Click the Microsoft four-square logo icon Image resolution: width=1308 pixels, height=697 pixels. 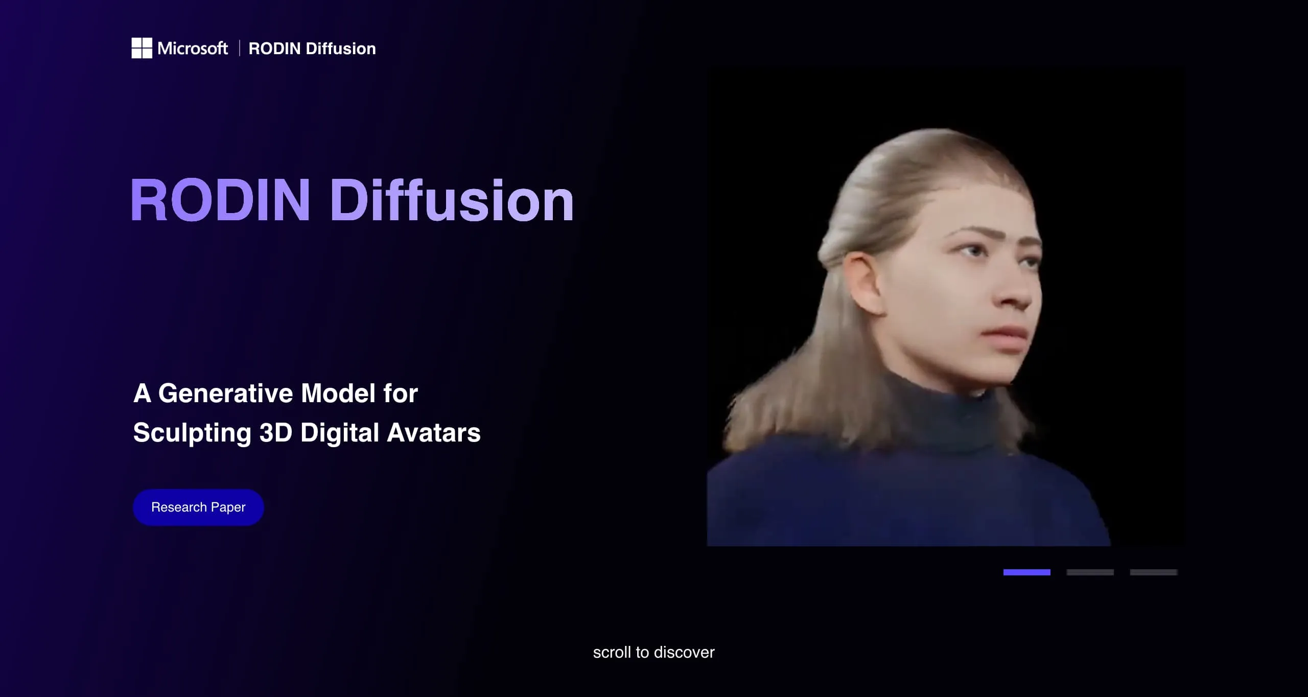click(142, 48)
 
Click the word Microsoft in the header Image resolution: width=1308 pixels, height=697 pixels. click(193, 49)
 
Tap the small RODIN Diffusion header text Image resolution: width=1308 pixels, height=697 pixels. click(312, 49)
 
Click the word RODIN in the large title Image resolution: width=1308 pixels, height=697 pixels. click(220, 200)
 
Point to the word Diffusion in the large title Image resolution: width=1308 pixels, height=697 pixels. click(452, 200)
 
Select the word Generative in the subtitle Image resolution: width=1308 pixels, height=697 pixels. click(225, 393)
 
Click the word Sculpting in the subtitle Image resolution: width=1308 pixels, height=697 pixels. click(192, 433)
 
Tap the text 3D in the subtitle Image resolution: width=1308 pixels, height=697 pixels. click(275, 433)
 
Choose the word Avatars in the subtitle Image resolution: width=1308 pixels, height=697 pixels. click(434, 433)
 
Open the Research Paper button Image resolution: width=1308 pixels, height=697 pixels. click(198, 507)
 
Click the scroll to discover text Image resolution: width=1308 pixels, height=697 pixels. click(653, 653)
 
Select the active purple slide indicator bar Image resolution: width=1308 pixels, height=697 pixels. click(1026, 572)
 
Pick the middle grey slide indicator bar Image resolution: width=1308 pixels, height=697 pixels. click(1090, 572)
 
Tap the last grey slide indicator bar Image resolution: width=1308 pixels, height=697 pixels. click(1153, 572)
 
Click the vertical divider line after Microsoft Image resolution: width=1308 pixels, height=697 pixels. click(239, 49)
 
